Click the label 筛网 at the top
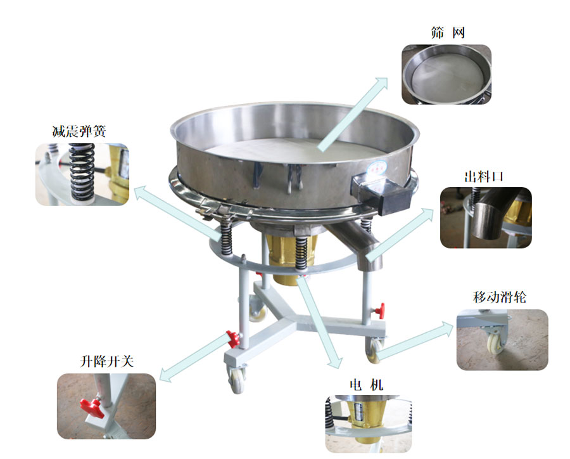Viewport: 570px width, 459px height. tap(448, 33)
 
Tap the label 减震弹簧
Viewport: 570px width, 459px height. tap(79, 131)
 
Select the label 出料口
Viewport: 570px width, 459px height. tap(483, 177)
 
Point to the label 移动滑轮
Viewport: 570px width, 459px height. tap(500, 297)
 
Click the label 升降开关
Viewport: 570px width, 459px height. tap(106, 361)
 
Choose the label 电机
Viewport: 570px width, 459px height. tap(366, 385)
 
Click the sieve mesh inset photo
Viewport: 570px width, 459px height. tap(446, 74)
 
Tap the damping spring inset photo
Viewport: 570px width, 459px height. tap(82, 174)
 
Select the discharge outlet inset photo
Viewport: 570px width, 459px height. tap(486, 217)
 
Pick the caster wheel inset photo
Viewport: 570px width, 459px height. tap(502, 340)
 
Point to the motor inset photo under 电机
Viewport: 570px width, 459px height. tap(369, 424)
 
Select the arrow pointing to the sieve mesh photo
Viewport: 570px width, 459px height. tap(353, 114)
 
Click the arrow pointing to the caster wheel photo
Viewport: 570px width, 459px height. tap(414, 339)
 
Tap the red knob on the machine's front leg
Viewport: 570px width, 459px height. tap(233, 339)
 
